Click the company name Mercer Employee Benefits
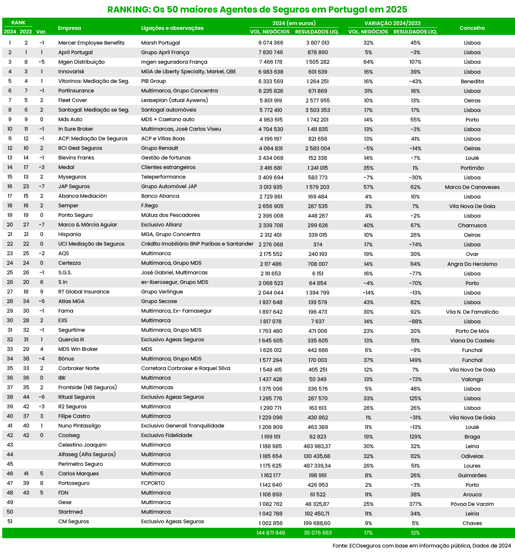pyautogui.click(x=91, y=43)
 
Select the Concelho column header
pyautogui.click(x=472, y=28)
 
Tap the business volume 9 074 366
pyautogui.click(x=271, y=43)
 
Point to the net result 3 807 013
pyautogui.click(x=317, y=43)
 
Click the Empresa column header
pyautogui.click(x=70, y=28)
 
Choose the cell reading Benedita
pyautogui.click(x=472, y=81)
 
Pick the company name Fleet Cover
pyautogui.click(x=72, y=100)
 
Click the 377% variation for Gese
pyautogui.click(x=415, y=504)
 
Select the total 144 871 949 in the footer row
pyautogui.click(x=271, y=533)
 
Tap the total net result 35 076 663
pyautogui.click(x=317, y=533)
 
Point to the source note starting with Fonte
pyautogui.click(x=422, y=546)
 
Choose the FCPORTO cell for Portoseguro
pyautogui.click(x=153, y=483)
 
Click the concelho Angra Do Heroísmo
pyautogui.click(x=472, y=264)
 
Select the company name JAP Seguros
pyautogui.click(x=74, y=186)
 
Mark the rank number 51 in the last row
pyautogui.click(x=10, y=521)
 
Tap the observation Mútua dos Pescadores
pyautogui.click(x=170, y=215)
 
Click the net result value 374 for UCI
pyautogui.click(x=317, y=244)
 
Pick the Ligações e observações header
pyautogui.click(x=172, y=28)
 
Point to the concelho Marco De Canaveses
pyautogui.click(x=472, y=187)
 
